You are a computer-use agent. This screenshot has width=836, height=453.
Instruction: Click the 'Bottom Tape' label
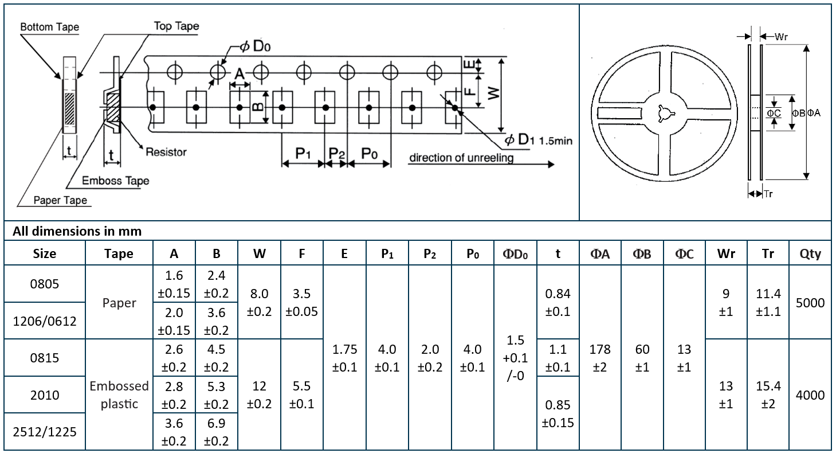pyautogui.click(x=49, y=27)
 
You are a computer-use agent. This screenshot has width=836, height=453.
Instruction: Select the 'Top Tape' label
pyautogui.click(x=176, y=26)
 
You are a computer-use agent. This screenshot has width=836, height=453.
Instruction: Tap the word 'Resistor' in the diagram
pyautogui.click(x=166, y=152)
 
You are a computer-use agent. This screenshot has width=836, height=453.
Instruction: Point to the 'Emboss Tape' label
pyautogui.click(x=115, y=181)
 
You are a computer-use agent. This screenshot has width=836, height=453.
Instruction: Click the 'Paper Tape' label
pyautogui.click(x=60, y=200)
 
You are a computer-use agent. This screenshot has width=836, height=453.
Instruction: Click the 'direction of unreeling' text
pyautogui.click(x=461, y=158)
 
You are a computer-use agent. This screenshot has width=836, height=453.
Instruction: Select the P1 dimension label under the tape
pyautogui.click(x=303, y=154)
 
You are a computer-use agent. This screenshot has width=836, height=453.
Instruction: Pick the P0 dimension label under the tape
pyautogui.click(x=369, y=154)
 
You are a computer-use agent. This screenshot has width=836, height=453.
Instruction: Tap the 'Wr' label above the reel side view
pyautogui.click(x=781, y=37)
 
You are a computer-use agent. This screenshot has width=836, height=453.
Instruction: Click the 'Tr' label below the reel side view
pyautogui.click(x=768, y=194)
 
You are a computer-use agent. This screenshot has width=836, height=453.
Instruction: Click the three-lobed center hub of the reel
pyautogui.click(x=664, y=113)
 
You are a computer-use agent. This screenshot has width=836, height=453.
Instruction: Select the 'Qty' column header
pyautogui.click(x=810, y=253)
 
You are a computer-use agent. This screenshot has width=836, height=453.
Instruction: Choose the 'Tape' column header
pyautogui.click(x=119, y=253)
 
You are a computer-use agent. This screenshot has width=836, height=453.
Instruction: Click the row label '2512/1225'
pyautogui.click(x=45, y=432)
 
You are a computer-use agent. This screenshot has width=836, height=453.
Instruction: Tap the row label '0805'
pyautogui.click(x=45, y=284)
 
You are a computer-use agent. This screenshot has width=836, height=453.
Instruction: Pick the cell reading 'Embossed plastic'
pyautogui.click(x=119, y=395)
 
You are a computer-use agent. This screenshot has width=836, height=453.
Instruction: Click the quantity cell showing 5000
pyautogui.click(x=810, y=302)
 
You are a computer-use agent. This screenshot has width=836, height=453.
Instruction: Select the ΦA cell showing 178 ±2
pyautogui.click(x=600, y=358)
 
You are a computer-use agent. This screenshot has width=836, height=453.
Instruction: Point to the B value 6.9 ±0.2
pyautogui.click(x=216, y=432)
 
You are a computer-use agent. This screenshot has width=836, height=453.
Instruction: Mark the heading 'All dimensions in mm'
pyautogui.click(x=77, y=231)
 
